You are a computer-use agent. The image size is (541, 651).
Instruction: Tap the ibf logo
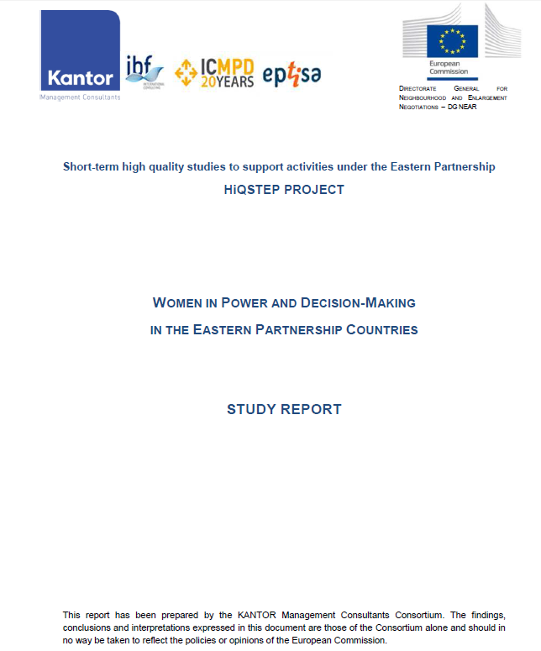click(144, 71)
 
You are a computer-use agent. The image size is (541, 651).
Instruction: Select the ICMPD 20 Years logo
click(213, 72)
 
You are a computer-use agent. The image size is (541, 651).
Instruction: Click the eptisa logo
click(292, 74)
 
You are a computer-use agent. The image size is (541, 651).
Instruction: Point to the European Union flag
click(452, 41)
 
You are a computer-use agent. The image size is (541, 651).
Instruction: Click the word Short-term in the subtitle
click(89, 167)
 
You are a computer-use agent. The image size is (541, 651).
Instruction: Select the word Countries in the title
click(381, 330)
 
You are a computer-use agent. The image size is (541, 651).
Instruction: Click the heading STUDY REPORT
click(284, 410)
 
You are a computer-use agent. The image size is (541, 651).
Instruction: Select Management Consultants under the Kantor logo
click(80, 97)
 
